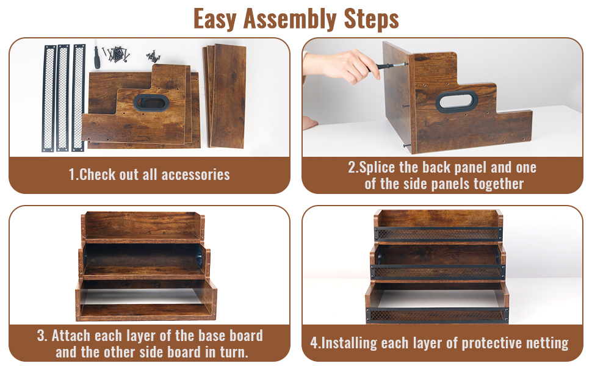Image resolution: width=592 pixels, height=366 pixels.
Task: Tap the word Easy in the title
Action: tap(215, 19)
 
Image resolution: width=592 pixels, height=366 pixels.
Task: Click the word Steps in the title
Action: tap(372, 19)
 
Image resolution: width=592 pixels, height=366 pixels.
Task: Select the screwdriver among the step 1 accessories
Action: tap(96, 57)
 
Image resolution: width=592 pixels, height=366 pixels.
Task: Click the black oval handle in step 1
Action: tap(151, 102)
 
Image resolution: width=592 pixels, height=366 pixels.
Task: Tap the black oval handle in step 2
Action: tap(457, 101)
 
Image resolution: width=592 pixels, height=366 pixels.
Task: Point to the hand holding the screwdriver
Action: tap(342, 66)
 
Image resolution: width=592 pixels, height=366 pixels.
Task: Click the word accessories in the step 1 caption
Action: tap(195, 174)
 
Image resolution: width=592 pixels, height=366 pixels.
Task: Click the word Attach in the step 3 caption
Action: tap(71, 335)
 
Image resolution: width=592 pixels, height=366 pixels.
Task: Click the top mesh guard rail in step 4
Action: tap(438, 234)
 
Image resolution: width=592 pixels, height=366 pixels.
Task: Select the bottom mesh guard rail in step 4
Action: tap(437, 315)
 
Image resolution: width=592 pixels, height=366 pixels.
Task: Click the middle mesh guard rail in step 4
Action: tap(438, 272)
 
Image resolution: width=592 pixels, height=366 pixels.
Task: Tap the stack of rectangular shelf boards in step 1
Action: tap(225, 96)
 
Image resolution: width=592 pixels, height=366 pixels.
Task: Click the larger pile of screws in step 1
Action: tap(118, 54)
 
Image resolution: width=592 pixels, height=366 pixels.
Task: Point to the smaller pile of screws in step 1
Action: tap(153, 56)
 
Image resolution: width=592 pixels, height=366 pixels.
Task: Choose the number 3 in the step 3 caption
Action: tap(40, 335)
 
